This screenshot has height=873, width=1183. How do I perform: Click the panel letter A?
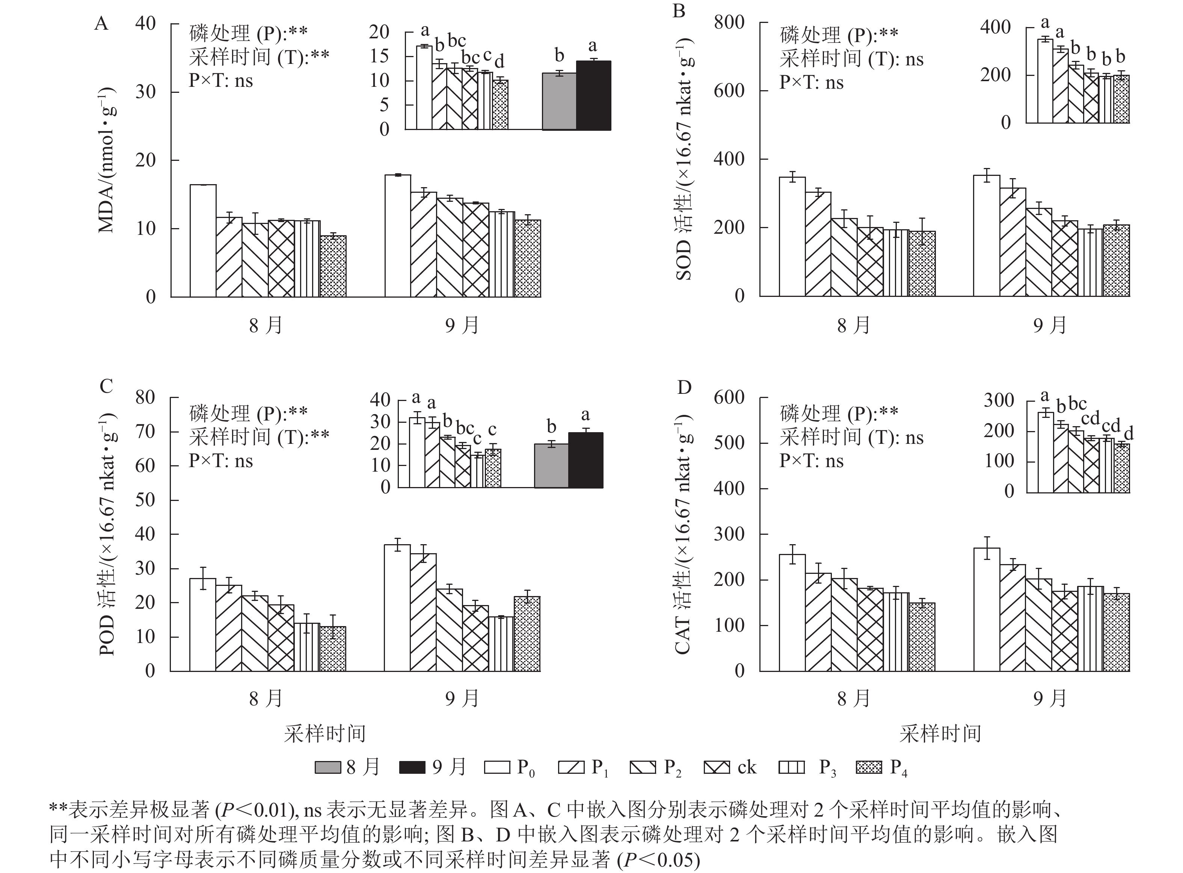point(101,24)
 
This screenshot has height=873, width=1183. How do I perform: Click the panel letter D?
point(684,388)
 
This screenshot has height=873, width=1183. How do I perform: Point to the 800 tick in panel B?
point(729,23)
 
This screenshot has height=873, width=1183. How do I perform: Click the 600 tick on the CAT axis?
point(729,397)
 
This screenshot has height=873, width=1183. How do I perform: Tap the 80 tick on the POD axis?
point(145,397)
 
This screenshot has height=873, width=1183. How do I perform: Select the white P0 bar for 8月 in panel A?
point(203,241)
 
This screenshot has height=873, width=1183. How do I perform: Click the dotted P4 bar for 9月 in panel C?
point(527,634)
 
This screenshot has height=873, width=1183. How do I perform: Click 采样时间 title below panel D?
point(940,734)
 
